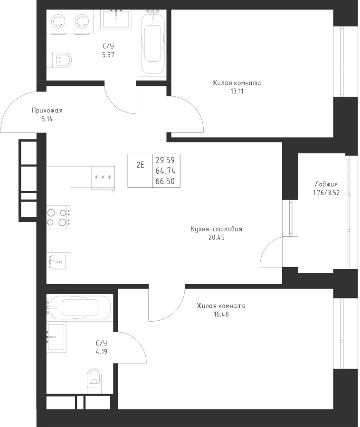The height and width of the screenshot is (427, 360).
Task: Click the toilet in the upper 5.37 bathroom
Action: tap(61, 59)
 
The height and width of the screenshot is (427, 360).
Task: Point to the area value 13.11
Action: tap(236, 91)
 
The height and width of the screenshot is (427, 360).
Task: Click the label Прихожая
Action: tap(47, 111)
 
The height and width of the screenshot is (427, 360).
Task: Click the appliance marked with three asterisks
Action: tap(103, 177)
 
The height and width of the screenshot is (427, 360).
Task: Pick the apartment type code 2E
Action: tap(140, 165)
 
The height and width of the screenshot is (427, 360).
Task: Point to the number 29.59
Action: tap(165, 160)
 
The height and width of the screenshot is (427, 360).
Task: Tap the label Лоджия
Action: tap(326, 185)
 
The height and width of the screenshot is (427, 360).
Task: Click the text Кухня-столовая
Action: tap(216, 229)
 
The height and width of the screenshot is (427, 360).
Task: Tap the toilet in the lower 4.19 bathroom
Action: tap(95, 380)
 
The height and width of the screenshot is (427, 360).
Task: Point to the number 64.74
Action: tap(165, 171)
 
